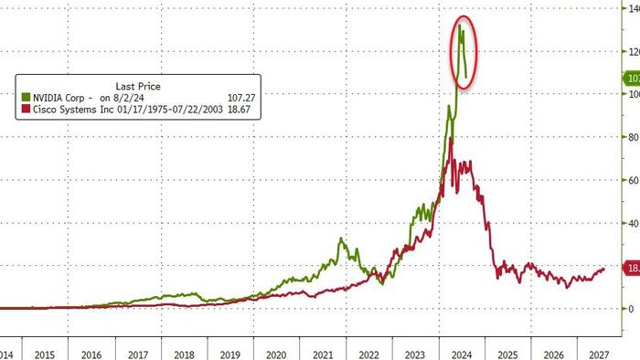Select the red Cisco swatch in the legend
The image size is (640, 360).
tap(27, 107)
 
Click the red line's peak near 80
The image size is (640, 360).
tap(451, 139)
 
